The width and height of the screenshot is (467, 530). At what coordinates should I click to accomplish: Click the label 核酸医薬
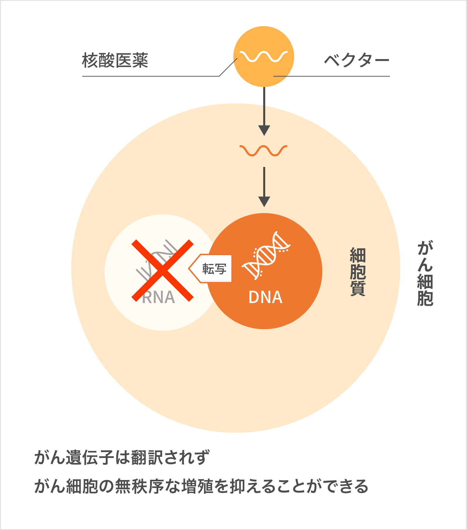115,61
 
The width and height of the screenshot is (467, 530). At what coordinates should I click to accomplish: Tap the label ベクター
356,61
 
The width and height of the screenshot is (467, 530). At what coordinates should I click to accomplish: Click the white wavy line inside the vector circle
263,56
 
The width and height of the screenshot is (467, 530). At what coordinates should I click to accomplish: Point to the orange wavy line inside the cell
263,151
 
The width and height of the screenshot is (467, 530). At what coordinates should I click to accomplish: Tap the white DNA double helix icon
266,255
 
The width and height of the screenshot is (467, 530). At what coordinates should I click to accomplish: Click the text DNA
265,297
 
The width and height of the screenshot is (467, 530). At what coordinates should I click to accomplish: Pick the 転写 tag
214,269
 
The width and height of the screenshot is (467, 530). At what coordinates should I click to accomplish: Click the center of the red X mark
162,270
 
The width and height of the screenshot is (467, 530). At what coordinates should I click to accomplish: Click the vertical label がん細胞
425,274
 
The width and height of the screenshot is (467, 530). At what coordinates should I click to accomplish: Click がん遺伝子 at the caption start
74,458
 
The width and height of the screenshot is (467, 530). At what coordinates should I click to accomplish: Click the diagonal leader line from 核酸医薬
228,67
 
